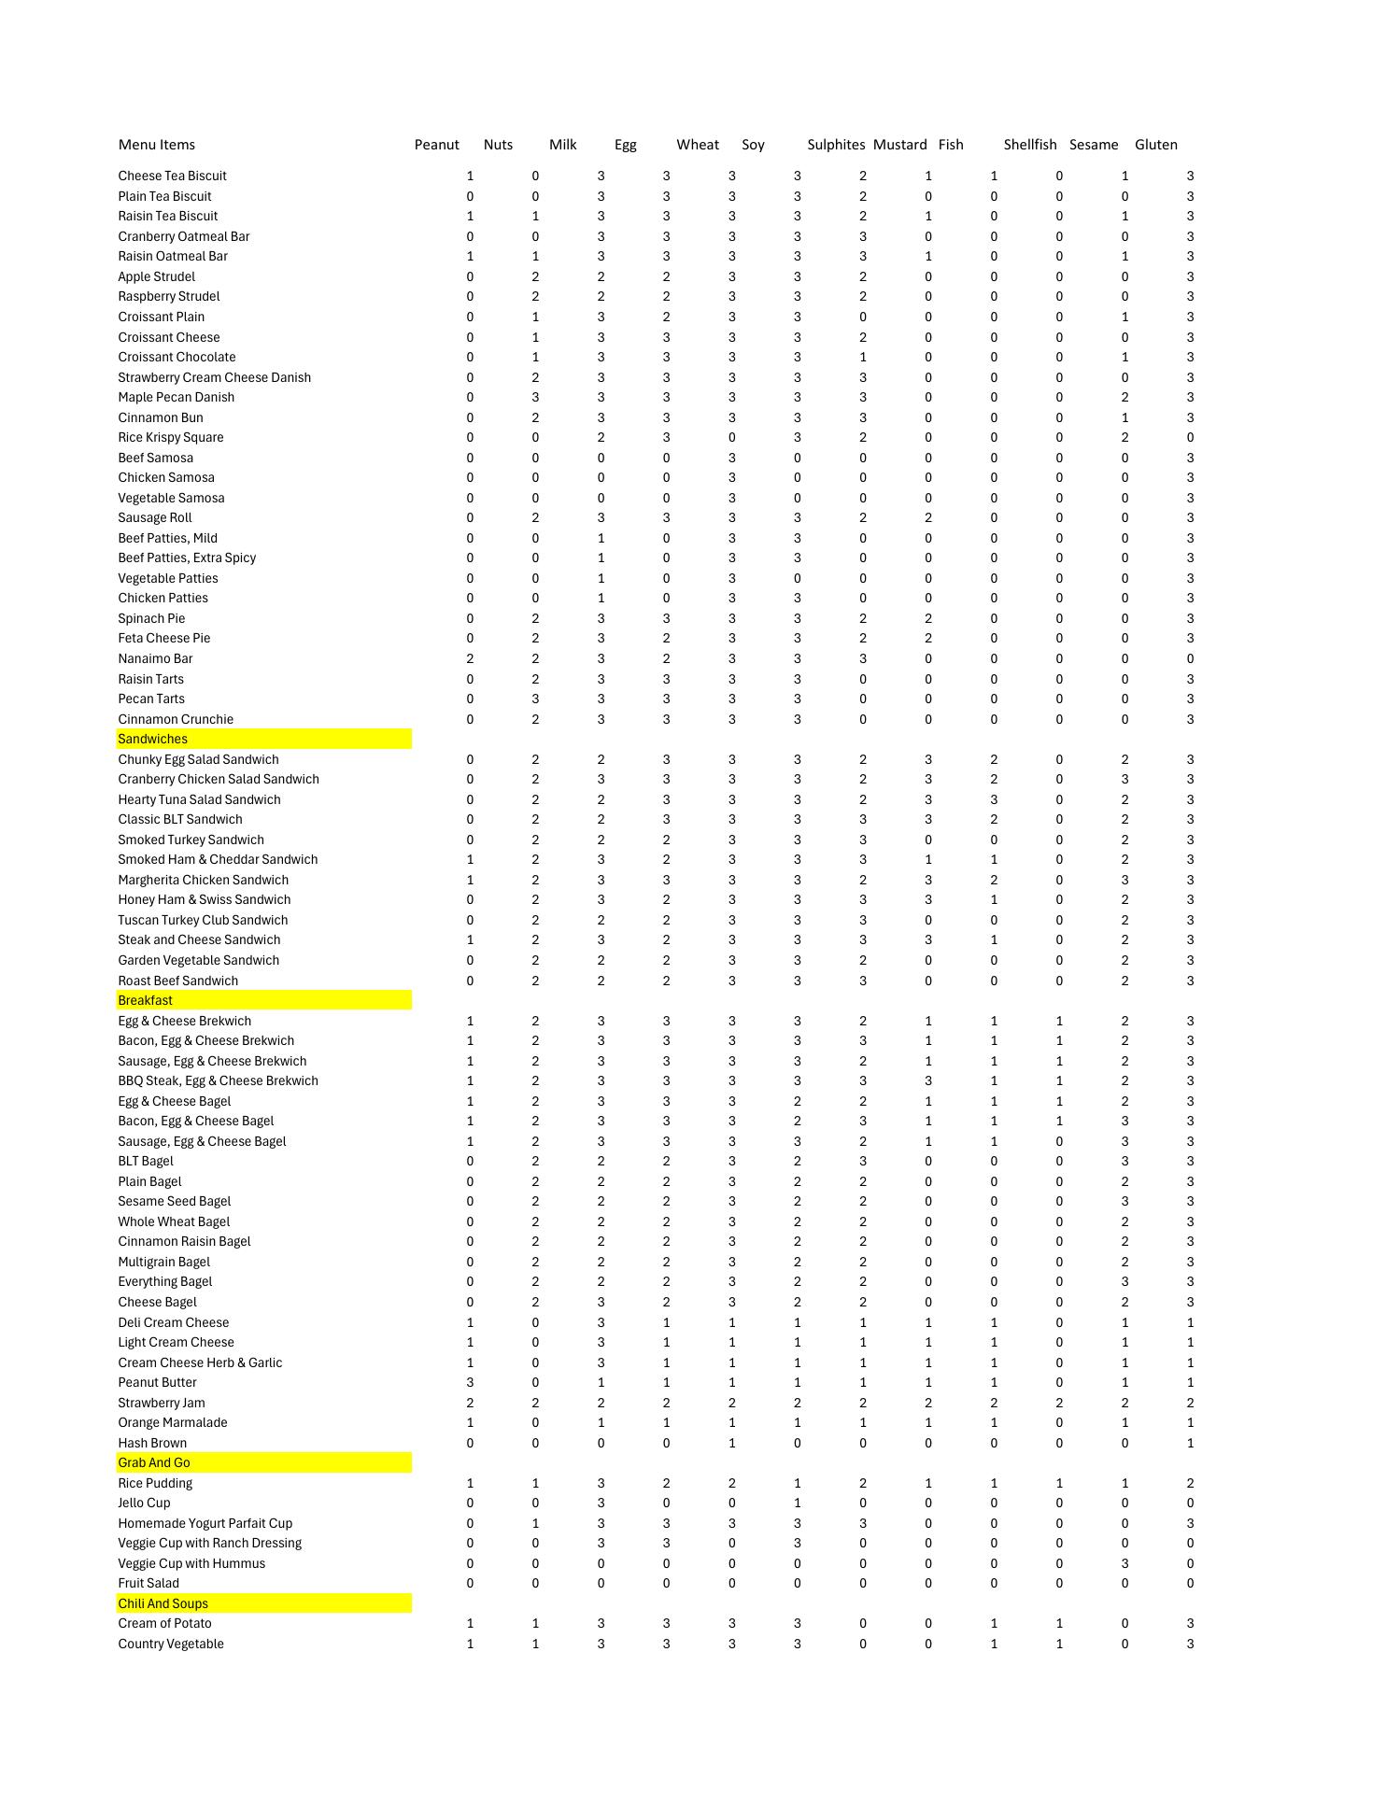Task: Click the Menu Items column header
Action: pos(156,145)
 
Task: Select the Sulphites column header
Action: pos(835,145)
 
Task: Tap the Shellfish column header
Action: pos(1029,145)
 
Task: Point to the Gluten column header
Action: pos(1155,145)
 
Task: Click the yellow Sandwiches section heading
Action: pos(152,739)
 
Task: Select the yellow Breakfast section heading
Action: pos(145,1000)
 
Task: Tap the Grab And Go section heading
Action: pos(153,1462)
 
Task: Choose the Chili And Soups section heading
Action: pos(163,1603)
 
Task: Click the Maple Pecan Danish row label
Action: pos(176,397)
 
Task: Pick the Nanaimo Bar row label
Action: pos(155,658)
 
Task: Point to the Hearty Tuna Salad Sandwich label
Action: pos(199,799)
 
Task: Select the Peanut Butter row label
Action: pos(157,1382)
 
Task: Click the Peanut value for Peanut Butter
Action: pos(470,1382)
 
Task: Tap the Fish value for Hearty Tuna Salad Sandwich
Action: pos(994,799)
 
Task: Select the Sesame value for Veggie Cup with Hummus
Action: pos(1124,1563)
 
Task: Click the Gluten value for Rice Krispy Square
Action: pos(1190,437)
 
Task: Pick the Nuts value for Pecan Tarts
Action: pos(535,699)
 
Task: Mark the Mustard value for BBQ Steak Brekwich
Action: pos(928,1080)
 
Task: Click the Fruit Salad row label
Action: pos(148,1583)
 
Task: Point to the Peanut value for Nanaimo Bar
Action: pos(470,658)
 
